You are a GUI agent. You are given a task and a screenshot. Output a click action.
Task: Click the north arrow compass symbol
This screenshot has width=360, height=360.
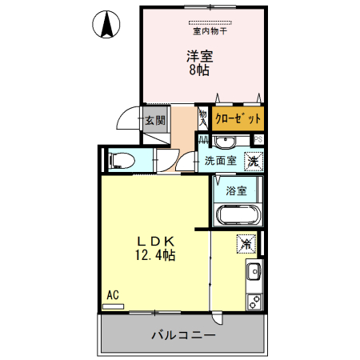105,25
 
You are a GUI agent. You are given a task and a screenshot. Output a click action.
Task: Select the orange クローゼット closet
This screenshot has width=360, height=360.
238,118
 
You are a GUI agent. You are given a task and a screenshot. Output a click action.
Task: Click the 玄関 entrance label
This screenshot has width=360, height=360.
155,121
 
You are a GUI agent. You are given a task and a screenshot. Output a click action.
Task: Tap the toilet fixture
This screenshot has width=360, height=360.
121,159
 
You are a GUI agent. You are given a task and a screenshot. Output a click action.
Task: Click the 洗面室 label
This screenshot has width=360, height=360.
220,160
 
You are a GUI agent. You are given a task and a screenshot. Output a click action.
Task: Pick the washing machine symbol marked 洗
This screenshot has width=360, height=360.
253,160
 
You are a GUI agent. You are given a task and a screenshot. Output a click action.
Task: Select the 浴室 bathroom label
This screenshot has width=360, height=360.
235,191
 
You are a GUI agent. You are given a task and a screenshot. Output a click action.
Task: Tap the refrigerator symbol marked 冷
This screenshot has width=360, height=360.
246,242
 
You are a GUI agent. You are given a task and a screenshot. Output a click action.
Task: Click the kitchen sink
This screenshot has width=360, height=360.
254,270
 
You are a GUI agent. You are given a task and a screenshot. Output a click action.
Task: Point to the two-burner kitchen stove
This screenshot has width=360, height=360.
254,301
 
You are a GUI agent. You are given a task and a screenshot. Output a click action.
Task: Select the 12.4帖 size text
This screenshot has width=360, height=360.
154,255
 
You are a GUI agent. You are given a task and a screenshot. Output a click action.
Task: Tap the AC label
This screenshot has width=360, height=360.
113,294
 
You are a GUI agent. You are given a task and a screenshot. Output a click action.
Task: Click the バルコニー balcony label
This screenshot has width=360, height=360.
183,334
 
